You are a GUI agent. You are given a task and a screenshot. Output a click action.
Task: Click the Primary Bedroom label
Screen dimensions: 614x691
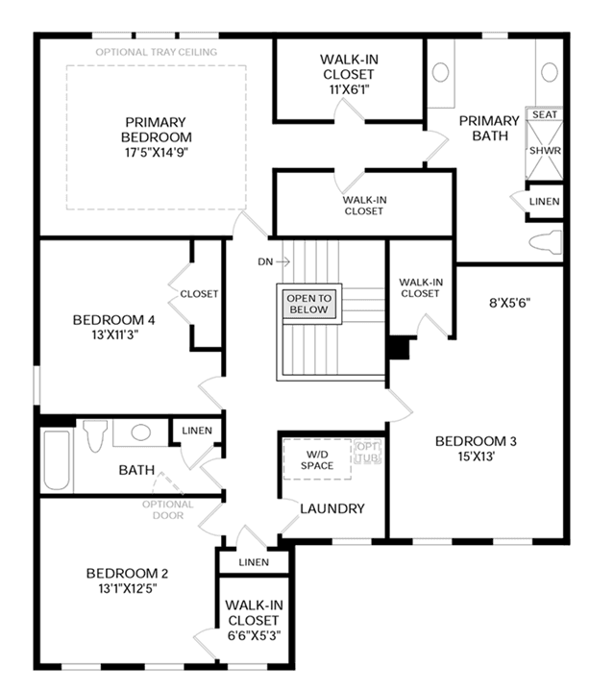[156, 130]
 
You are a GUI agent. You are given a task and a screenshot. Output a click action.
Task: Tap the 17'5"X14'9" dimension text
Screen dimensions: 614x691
[157, 153]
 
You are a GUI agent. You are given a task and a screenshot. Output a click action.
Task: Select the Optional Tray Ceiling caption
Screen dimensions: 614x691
[157, 52]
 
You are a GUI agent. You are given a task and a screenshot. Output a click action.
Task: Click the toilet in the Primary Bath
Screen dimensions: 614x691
[545, 242]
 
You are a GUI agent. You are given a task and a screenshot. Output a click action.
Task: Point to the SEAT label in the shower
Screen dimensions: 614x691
[545, 114]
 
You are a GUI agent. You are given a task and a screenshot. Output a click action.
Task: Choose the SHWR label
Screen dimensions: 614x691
[545, 151]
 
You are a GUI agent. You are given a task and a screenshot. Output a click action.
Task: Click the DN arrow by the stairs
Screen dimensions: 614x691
[283, 261]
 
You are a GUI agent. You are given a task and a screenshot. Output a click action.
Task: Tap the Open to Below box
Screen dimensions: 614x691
[308, 304]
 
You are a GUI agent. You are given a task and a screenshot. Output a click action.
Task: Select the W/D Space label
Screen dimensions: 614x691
[317, 459]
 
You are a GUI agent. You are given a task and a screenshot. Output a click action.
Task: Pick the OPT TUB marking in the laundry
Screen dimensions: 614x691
[367, 452]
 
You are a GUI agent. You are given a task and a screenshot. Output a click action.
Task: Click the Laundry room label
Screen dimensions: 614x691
[332, 508]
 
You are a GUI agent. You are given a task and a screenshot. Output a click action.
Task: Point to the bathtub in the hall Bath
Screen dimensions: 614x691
[57, 460]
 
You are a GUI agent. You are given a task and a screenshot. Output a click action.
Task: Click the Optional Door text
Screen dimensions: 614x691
[168, 509]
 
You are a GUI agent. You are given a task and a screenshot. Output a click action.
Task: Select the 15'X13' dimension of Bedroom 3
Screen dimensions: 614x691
[476, 457]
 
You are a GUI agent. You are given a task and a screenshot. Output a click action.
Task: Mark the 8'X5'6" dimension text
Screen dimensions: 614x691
[509, 303]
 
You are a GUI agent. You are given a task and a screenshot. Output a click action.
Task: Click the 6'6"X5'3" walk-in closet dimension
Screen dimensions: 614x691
[254, 635]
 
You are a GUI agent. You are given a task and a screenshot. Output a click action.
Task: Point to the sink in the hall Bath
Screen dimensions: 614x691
[141, 432]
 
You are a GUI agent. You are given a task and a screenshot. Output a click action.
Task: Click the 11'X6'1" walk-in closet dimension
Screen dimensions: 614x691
[349, 89]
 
